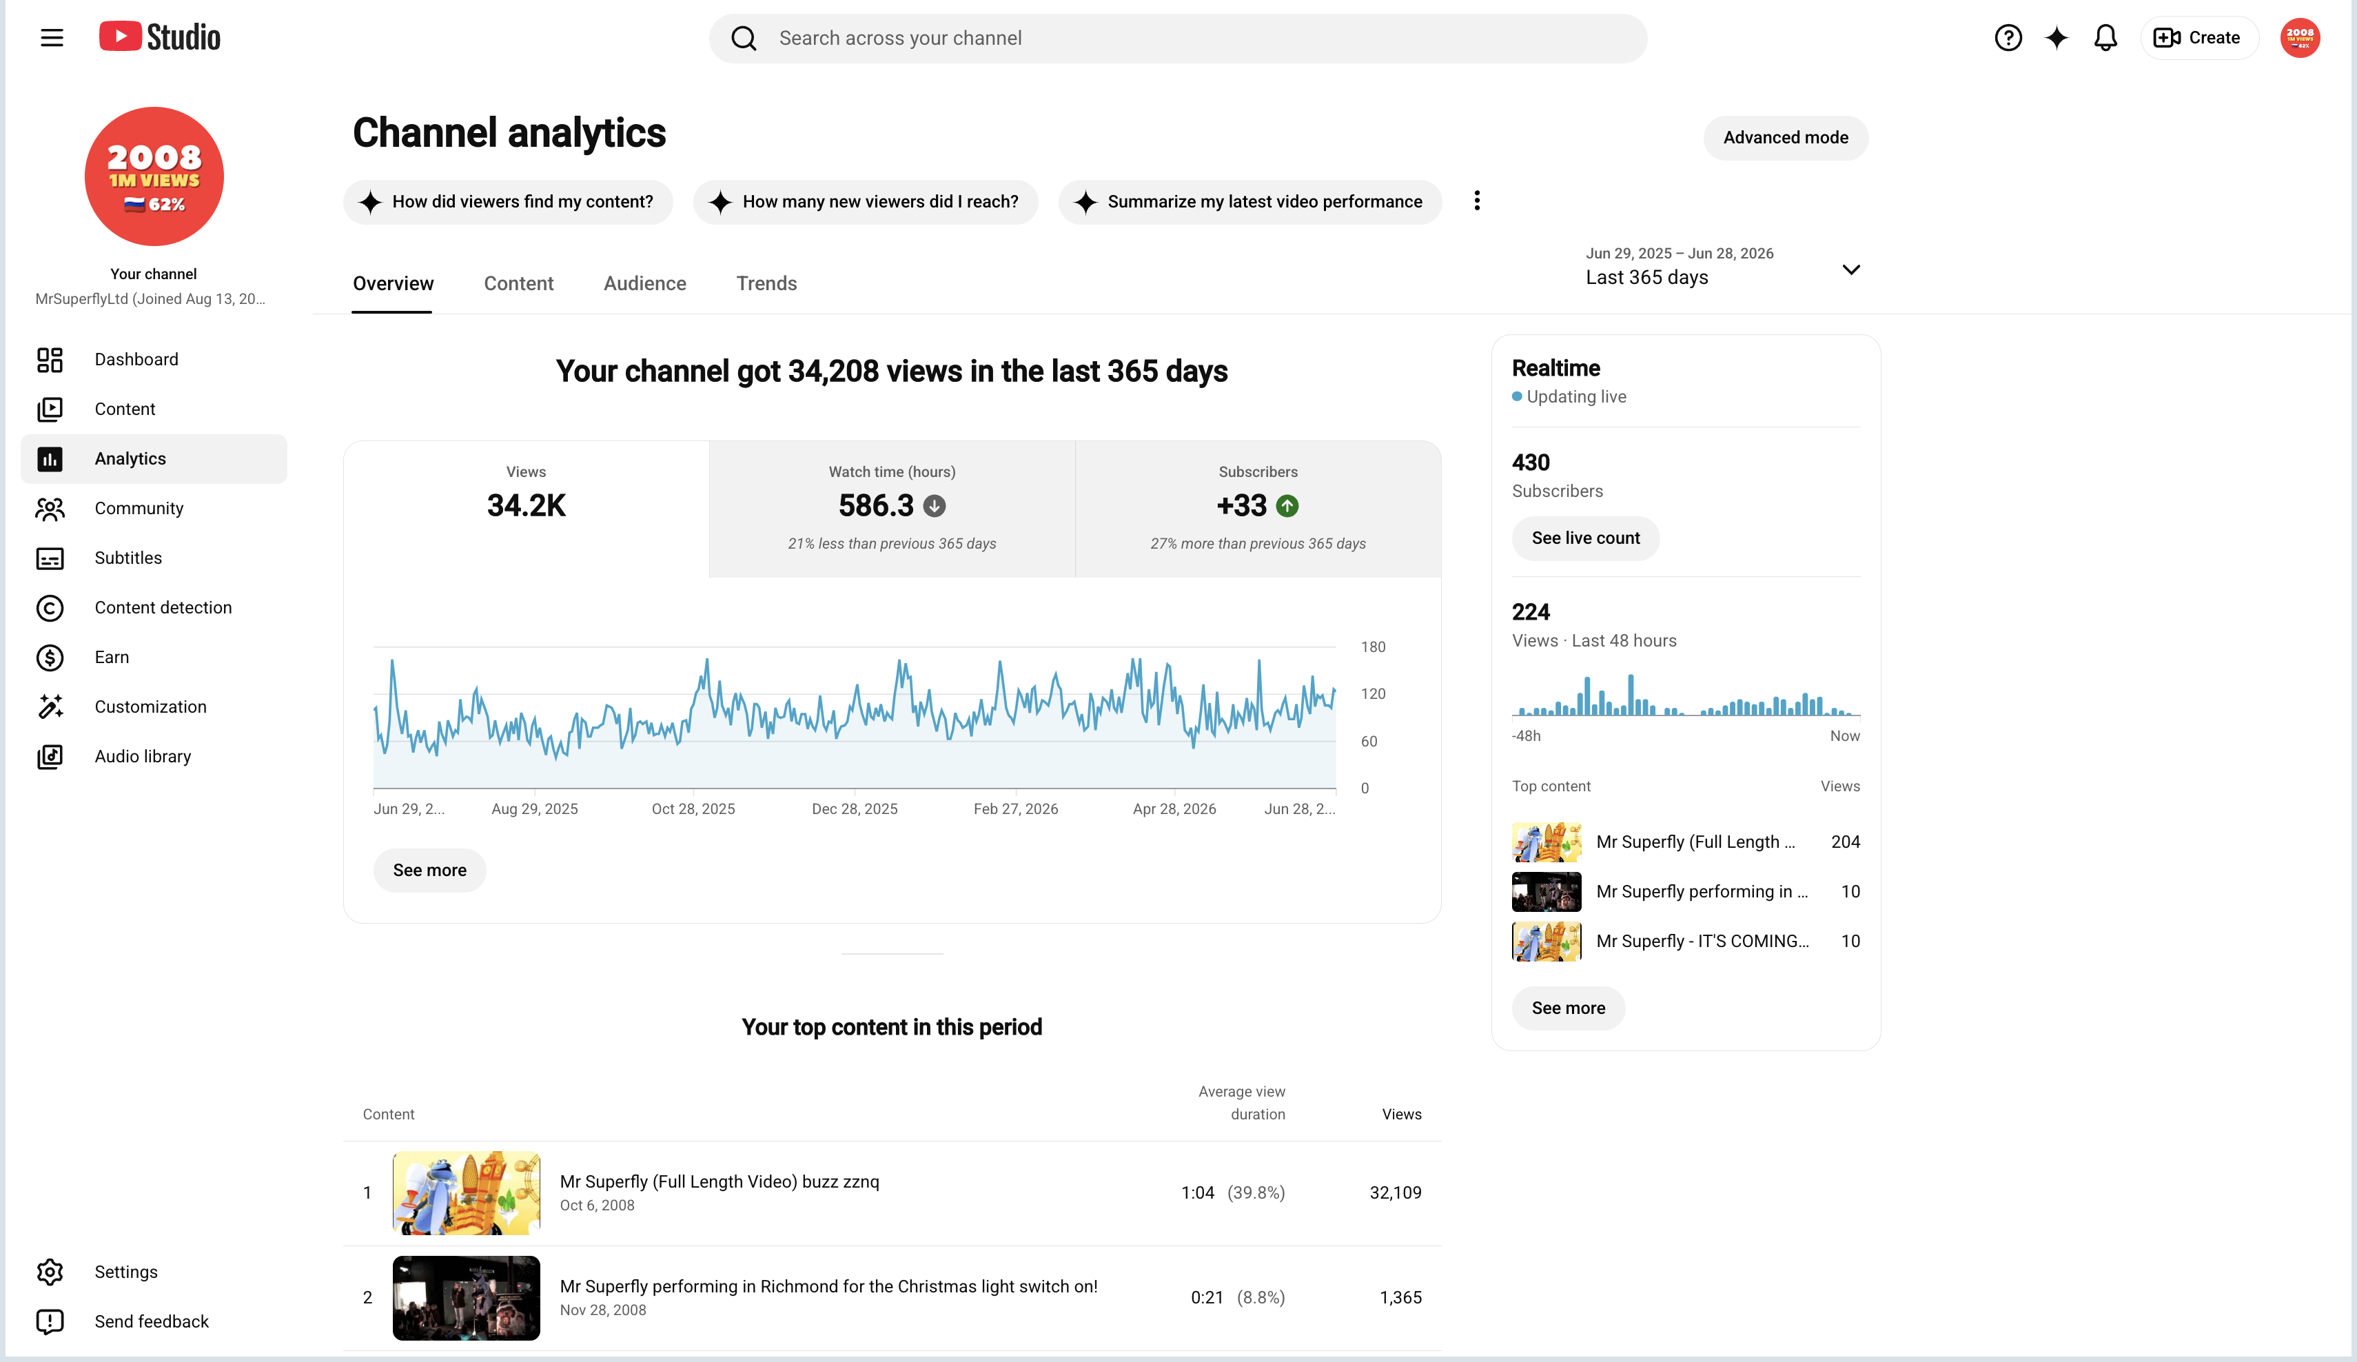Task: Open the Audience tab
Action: pyautogui.click(x=644, y=283)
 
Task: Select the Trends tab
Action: pyautogui.click(x=766, y=283)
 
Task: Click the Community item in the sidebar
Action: pyautogui.click(x=139, y=508)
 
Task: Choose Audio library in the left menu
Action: pyautogui.click(x=142, y=756)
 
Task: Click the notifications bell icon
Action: pyautogui.click(x=2105, y=37)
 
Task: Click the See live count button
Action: pyautogui.click(x=1585, y=538)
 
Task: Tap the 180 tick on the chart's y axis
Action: pyautogui.click(x=1372, y=647)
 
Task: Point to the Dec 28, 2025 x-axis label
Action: pyautogui.click(x=854, y=809)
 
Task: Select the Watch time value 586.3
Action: pyautogui.click(x=875, y=505)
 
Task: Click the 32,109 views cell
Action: pyautogui.click(x=1395, y=1192)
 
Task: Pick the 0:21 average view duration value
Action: pyautogui.click(x=1207, y=1297)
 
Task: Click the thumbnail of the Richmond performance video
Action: pyautogui.click(x=466, y=1297)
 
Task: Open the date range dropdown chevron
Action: pyautogui.click(x=1850, y=270)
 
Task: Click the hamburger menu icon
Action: pyautogui.click(x=52, y=37)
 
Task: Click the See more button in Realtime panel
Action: pyautogui.click(x=1568, y=1008)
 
